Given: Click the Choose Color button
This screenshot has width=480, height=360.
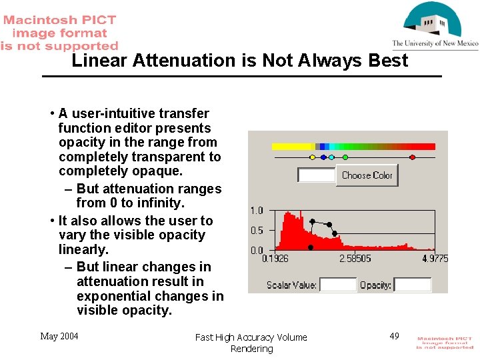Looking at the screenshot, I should click(x=367, y=175).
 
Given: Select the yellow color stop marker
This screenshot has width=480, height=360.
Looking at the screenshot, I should click(x=312, y=157).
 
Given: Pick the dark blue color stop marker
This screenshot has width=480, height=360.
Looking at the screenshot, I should click(x=323, y=157).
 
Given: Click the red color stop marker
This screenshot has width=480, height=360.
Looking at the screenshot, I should click(x=412, y=157).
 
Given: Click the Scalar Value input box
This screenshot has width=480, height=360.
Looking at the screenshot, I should click(x=338, y=285).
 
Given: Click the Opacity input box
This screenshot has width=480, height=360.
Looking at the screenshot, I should click(x=412, y=285).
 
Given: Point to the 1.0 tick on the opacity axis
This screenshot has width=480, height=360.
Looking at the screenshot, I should click(x=257, y=211).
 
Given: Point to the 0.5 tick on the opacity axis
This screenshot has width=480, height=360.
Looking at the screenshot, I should click(x=257, y=231).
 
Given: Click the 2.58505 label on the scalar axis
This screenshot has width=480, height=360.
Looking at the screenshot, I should click(x=355, y=259).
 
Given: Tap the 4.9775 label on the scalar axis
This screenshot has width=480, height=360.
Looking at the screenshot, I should click(x=435, y=259).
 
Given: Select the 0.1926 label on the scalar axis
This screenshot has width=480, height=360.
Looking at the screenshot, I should click(x=275, y=259).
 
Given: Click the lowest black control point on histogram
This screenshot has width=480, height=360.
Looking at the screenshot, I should click(x=310, y=247).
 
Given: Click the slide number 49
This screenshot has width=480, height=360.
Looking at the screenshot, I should click(x=394, y=336).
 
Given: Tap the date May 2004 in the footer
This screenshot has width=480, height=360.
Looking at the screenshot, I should click(x=59, y=336).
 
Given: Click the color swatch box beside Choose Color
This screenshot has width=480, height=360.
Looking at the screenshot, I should click(x=317, y=175).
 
